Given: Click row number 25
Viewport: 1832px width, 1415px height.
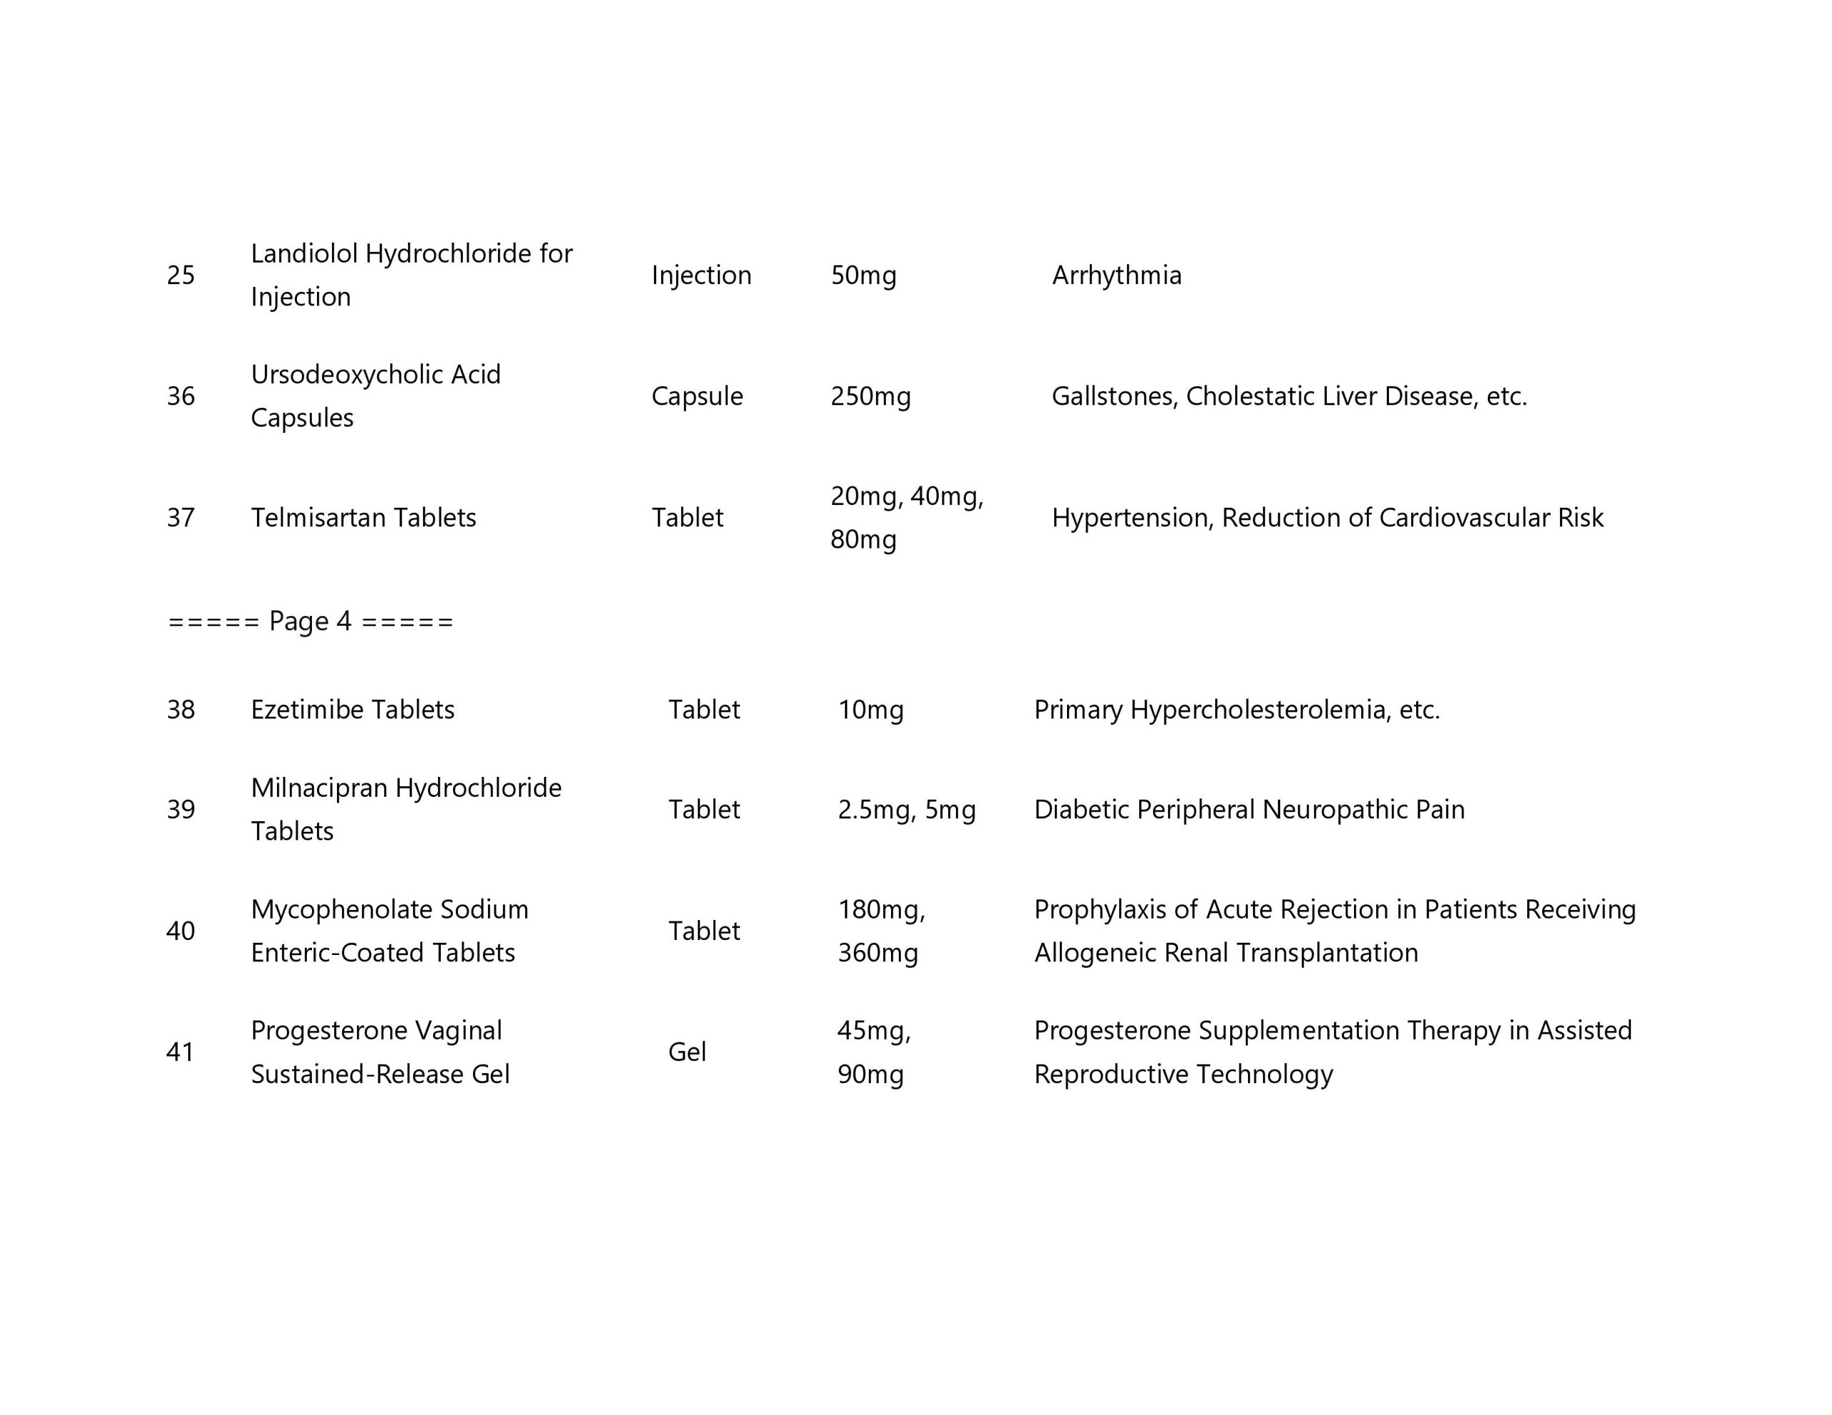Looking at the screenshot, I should pos(180,275).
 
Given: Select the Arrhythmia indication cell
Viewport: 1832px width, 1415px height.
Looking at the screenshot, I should pos(1116,275).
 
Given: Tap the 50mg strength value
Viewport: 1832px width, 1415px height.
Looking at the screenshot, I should pos(863,275).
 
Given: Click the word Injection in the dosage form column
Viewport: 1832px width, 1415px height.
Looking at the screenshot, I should pos(701,275).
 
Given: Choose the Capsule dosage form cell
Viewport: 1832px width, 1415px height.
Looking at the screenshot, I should pos(696,396).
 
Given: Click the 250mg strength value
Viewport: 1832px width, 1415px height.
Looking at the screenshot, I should pos(870,396).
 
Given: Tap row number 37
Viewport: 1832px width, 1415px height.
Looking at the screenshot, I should pos(180,517).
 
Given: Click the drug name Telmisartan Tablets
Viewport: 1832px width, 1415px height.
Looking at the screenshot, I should pos(364,517).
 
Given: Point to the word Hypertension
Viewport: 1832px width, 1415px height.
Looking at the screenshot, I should pos(1131,517).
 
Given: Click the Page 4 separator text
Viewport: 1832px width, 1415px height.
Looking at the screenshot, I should pos(311,622).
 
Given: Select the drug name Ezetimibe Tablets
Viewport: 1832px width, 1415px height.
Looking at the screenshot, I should pos(352,710).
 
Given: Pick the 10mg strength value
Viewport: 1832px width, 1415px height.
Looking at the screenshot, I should pos(871,710).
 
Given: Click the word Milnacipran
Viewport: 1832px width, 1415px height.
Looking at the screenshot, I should pos(318,788).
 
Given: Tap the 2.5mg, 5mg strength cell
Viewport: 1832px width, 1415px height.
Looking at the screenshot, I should pos(906,809).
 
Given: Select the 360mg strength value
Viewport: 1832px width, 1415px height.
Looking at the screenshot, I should pos(877,953).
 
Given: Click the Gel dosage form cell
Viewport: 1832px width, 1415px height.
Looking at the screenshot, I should pos(686,1052).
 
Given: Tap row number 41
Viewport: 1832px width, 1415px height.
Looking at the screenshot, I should pos(180,1052).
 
